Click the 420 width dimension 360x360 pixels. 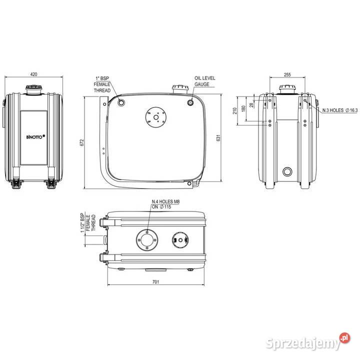coord(33,74)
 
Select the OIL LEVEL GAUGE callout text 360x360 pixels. coord(204,82)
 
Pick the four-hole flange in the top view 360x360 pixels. coord(147,240)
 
